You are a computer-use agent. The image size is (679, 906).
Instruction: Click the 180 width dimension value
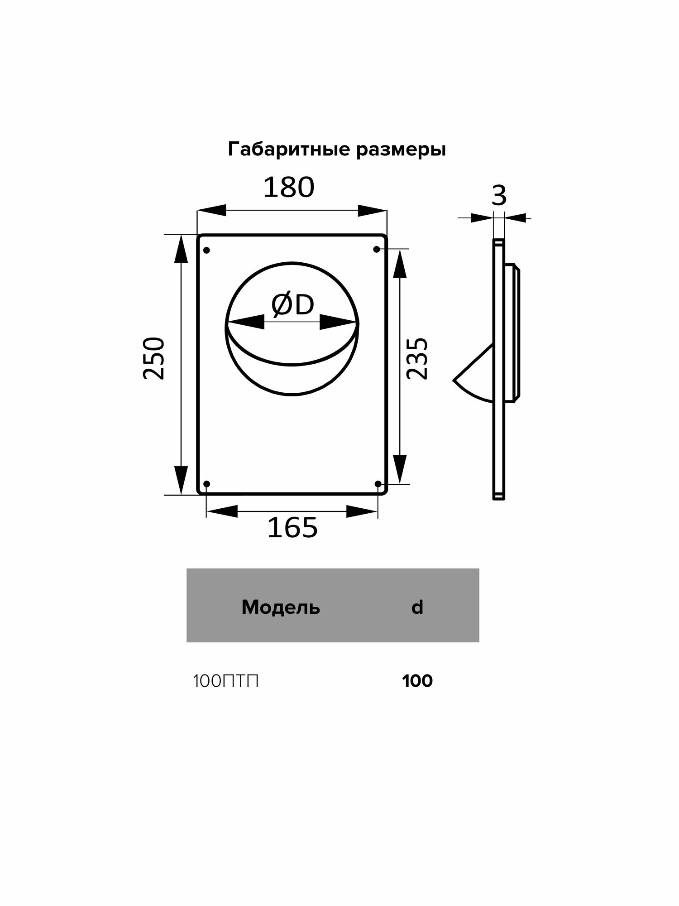point(289,188)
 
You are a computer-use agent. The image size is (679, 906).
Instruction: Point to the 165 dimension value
point(292,527)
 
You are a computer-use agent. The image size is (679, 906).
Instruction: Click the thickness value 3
point(499,196)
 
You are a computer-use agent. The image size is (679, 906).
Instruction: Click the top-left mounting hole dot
point(207,250)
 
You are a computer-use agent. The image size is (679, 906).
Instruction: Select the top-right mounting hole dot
point(376,249)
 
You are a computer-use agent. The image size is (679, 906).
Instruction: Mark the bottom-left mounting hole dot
point(207,484)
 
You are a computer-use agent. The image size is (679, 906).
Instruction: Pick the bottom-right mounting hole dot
point(378,484)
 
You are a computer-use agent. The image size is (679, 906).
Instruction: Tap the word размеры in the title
point(401,150)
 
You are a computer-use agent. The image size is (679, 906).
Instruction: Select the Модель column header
point(281,607)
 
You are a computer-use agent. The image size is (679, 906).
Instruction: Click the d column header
point(417,607)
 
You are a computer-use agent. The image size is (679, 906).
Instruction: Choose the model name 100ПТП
point(226,681)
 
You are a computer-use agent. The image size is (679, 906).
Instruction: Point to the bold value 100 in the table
point(417,681)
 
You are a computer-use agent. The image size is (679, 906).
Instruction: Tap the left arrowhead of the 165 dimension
point(222,511)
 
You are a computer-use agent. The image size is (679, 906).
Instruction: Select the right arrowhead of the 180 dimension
point(372,211)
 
